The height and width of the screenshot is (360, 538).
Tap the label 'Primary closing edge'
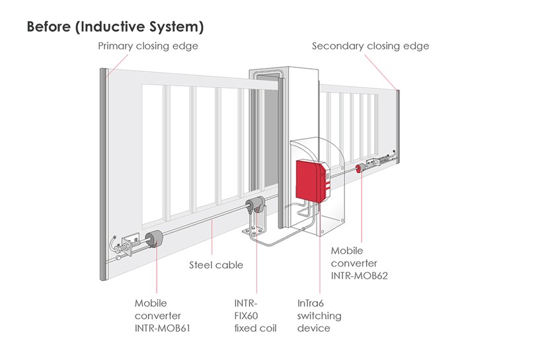(x=148, y=46)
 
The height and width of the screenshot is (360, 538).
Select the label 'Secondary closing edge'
(x=370, y=46)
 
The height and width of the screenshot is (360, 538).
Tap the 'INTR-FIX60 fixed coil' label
(x=255, y=316)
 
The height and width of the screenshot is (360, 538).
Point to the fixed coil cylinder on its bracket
(x=255, y=206)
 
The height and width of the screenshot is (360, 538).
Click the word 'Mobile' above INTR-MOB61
(x=151, y=303)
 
